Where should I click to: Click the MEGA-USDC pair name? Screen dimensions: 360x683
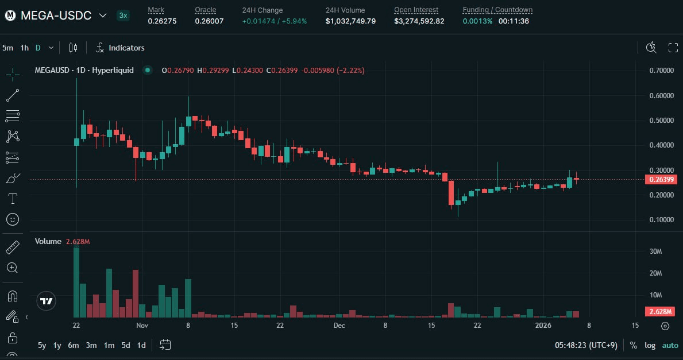pos(56,16)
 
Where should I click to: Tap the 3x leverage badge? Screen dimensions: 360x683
pos(123,16)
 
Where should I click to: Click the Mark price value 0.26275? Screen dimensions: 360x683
pos(162,21)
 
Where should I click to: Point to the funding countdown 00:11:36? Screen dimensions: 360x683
pos(514,21)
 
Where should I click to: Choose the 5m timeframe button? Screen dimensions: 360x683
pos(7,48)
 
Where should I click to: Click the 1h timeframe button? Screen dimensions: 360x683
pos(24,48)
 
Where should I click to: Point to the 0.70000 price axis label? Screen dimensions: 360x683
pos(661,71)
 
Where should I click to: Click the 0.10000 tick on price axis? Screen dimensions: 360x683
pos(661,220)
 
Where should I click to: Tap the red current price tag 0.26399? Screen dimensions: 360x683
pos(661,180)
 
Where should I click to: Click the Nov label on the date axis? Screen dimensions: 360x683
pos(142,326)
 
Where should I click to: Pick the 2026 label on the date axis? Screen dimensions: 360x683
pos(543,326)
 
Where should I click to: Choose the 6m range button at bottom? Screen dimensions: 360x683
pos(73,345)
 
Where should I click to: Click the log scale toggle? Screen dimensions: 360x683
pos(650,345)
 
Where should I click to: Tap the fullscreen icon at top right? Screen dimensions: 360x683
pos(673,48)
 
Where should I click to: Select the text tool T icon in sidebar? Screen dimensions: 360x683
pos(13,199)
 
